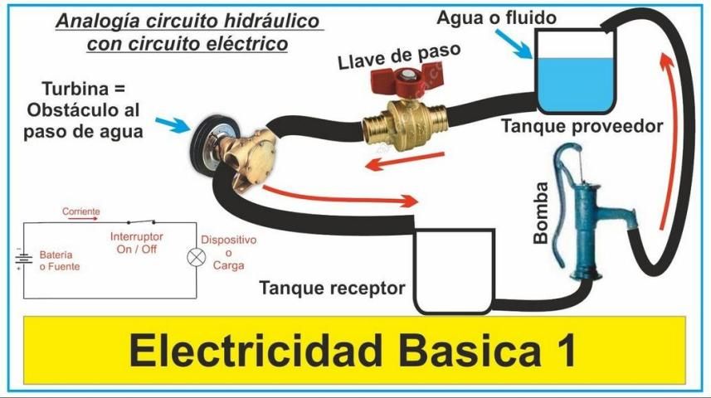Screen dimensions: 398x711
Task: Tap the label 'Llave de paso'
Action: click(399, 55)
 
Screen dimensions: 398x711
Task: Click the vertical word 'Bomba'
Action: click(540, 212)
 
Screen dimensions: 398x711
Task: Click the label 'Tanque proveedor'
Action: click(582, 127)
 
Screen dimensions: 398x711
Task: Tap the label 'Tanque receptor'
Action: click(333, 289)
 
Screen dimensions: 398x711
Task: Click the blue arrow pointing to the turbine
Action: click(173, 126)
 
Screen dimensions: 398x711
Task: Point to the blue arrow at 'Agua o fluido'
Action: click(519, 46)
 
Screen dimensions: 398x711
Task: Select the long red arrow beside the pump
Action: click(670, 137)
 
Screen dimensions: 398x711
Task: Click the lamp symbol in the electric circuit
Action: click(197, 256)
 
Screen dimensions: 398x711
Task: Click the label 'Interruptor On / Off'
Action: click(137, 242)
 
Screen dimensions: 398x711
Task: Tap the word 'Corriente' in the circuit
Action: click(81, 212)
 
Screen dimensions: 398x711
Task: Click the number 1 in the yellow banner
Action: click(562, 352)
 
